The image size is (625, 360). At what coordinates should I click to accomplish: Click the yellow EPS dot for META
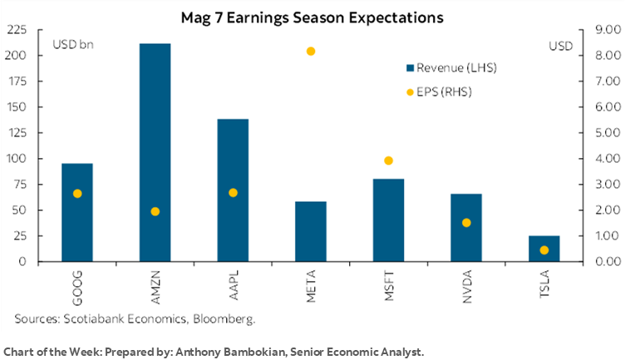pyautogui.click(x=311, y=52)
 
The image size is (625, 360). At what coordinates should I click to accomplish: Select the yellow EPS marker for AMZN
pyautogui.click(x=155, y=211)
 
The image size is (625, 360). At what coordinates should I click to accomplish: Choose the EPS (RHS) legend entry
pyautogui.click(x=437, y=91)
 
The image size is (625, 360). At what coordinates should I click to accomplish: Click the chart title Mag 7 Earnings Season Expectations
pyautogui.click(x=312, y=16)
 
